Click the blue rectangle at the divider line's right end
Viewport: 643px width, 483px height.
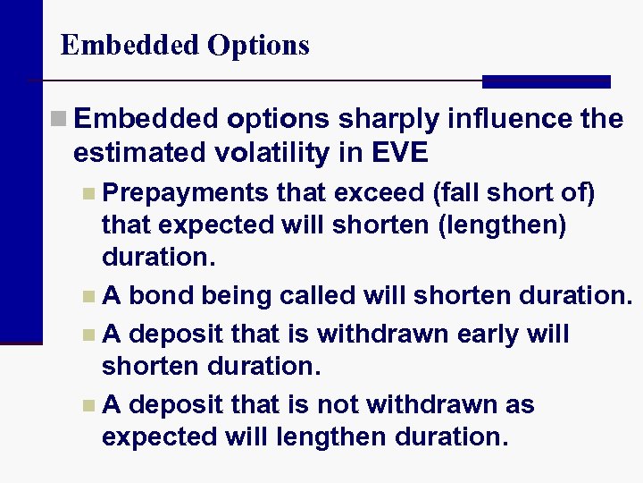[546, 81]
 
